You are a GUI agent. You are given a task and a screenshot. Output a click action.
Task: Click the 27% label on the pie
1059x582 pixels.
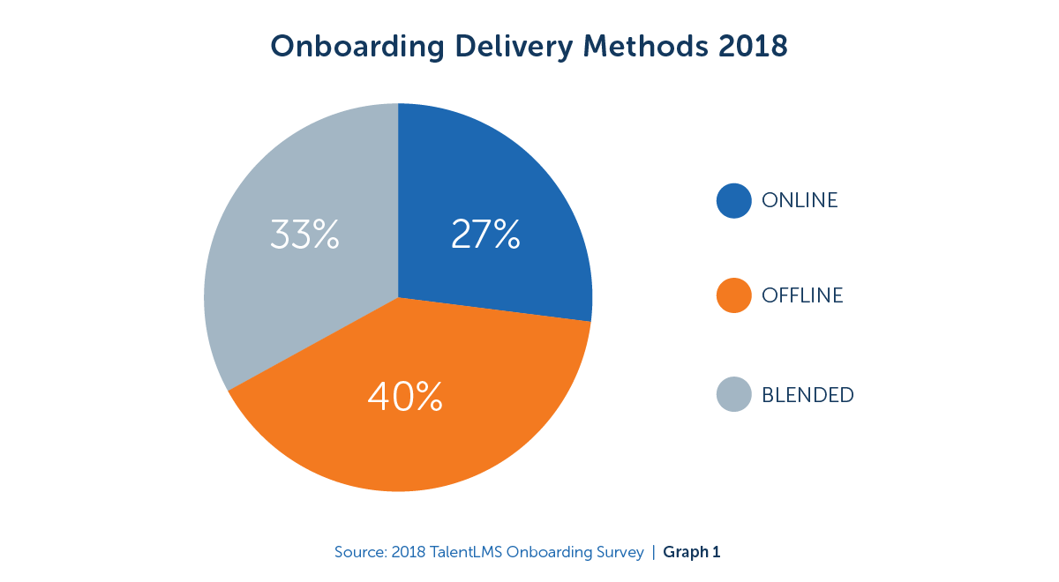(x=485, y=235)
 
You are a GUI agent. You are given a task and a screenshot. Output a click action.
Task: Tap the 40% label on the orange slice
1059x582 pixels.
(x=405, y=397)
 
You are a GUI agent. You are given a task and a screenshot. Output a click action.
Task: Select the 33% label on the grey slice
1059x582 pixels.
(x=304, y=235)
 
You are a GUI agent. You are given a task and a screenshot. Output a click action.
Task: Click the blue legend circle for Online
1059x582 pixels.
(x=734, y=200)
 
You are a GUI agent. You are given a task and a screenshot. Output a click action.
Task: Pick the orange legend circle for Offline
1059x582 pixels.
(x=734, y=296)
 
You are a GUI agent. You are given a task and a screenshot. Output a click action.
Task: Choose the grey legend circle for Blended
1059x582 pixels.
(x=734, y=394)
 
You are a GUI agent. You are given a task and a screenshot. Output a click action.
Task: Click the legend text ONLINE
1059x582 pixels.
(x=800, y=200)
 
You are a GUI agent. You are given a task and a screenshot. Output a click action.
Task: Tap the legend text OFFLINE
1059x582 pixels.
(x=802, y=296)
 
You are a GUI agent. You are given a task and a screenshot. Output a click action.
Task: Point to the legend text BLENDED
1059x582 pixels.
(x=807, y=395)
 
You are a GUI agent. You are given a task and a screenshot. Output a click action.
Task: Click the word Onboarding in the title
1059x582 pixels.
(x=352, y=46)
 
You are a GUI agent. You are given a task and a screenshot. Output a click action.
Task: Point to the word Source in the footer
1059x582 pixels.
(x=359, y=553)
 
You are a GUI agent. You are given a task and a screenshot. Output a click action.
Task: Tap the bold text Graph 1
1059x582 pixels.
(x=692, y=553)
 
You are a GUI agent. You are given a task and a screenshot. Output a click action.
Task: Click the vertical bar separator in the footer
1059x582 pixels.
(x=654, y=553)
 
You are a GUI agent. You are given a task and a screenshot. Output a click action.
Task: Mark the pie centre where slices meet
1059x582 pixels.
(x=398, y=298)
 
